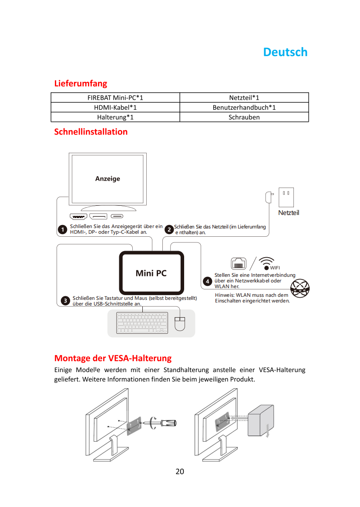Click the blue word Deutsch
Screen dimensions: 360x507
pos(285,52)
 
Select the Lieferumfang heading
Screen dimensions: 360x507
pos(81,84)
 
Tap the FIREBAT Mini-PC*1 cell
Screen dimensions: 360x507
pos(115,97)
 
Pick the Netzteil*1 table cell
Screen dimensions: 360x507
pos(244,97)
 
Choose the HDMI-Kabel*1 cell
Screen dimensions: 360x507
pos(115,107)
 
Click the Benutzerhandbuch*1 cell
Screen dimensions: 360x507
pos(244,107)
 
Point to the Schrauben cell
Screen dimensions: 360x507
pos(244,117)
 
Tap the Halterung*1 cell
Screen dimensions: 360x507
pos(115,117)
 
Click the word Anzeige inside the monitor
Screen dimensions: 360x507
pos(108,178)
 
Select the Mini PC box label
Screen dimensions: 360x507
pos(151,273)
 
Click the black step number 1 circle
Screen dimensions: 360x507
pos(62,229)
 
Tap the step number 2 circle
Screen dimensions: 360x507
pos(169,229)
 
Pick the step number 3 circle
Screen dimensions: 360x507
pos(65,301)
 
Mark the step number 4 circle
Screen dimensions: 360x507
pos(207,281)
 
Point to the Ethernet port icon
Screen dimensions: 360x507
pos(239,264)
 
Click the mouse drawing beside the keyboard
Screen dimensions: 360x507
pos(180,324)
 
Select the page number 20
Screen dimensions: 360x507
pos(180,471)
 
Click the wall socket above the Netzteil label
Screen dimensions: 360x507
pos(286,197)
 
